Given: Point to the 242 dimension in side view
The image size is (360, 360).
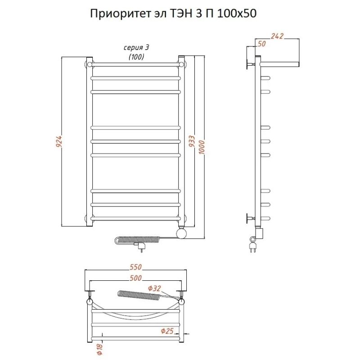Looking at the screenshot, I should [x=278, y=36].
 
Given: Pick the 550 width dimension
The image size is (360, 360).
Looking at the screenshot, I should [x=135, y=267].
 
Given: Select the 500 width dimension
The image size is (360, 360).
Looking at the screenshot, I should [x=135, y=278].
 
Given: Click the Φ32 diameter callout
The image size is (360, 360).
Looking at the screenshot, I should [x=154, y=288].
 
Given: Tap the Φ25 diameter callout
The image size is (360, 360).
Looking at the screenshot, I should [x=167, y=332].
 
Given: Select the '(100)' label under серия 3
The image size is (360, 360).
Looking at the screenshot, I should [x=136, y=57].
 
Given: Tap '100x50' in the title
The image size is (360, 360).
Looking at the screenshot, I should [x=236, y=14].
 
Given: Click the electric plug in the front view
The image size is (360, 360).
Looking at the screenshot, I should [x=141, y=246].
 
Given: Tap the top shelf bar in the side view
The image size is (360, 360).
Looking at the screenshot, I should [x=279, y=63].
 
